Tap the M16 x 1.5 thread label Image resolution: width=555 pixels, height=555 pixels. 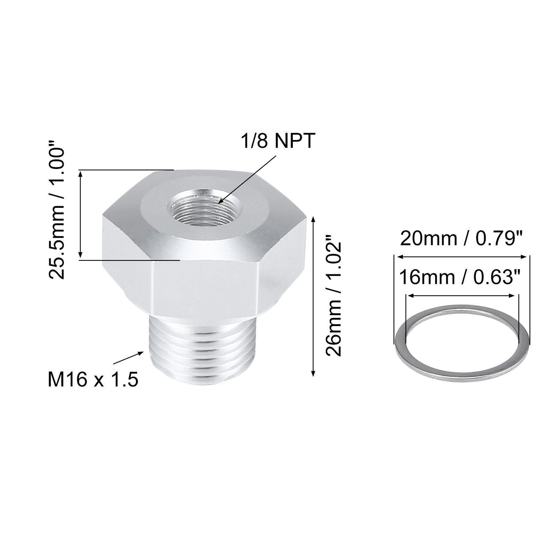pos(93,379)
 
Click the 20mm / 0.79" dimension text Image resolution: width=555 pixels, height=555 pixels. pos(461,239)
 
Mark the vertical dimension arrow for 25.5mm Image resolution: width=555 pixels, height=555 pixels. pos(81,215)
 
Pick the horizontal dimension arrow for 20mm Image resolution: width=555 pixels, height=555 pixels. pos(462,257)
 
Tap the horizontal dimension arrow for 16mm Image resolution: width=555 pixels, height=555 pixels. pos(462,296)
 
